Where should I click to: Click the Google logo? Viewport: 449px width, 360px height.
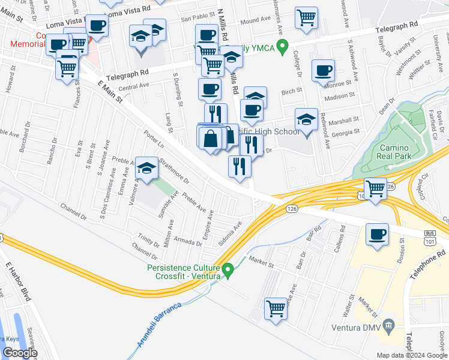click(20, 353)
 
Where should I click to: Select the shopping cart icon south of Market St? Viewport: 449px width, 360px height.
click(276, 309)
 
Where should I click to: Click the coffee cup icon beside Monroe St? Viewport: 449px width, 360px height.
click(323, 70)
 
